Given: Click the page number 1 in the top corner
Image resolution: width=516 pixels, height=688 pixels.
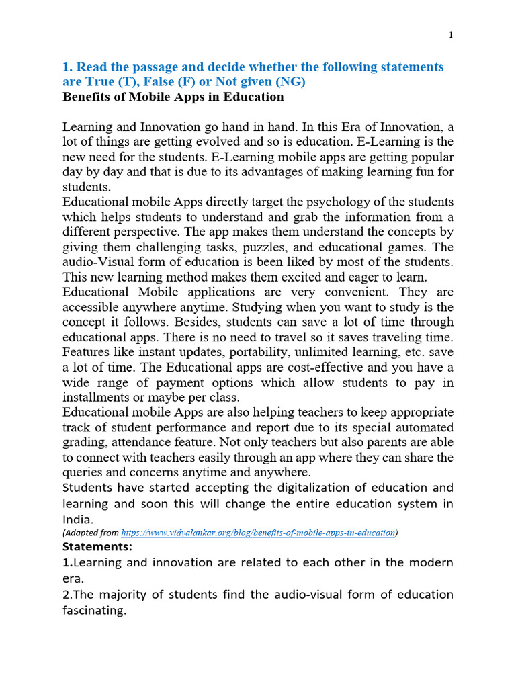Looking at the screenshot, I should pos(451,36).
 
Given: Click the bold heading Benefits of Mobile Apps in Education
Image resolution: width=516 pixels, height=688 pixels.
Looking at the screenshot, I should pos(173,97).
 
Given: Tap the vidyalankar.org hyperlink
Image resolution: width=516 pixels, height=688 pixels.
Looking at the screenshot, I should pos(258,533).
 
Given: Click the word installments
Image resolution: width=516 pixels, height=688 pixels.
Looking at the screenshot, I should pos(96,397).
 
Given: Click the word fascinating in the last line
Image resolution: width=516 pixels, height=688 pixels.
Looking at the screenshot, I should pos(94,611).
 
